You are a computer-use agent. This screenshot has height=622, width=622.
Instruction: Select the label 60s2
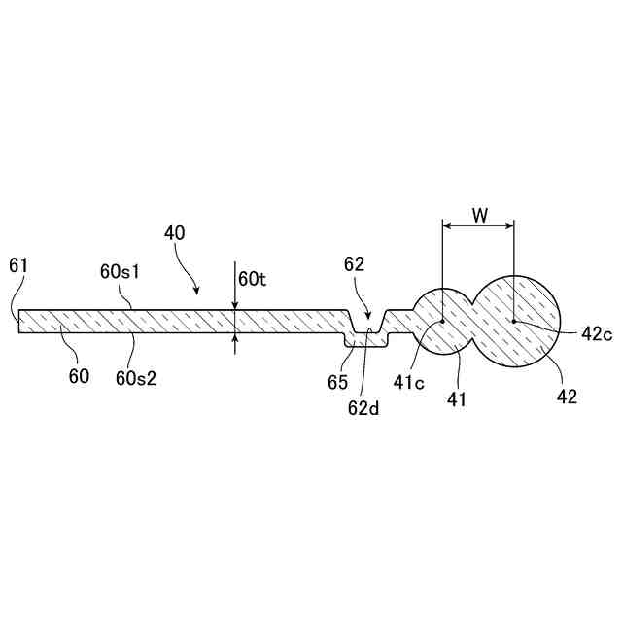[136, 377]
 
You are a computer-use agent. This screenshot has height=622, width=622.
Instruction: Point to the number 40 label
[176, 233]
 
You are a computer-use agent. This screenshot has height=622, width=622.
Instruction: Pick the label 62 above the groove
[355, 264]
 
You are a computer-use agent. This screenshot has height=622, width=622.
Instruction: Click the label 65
[337, 383]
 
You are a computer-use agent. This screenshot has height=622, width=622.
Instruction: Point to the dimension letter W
[479, 215]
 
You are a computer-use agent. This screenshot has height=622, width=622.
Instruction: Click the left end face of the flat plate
[19, 323]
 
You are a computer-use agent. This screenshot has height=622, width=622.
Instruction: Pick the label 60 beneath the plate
[79, 375]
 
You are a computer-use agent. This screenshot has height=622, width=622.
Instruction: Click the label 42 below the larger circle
[568, 397]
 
